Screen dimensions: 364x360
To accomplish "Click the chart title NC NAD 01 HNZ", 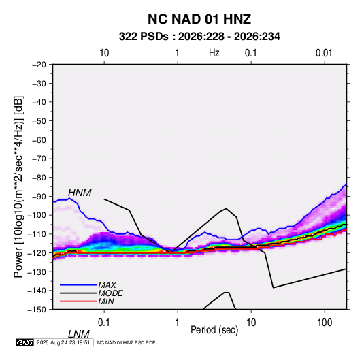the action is click(199, 19).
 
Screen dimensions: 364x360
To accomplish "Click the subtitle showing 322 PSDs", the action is click(199, 37).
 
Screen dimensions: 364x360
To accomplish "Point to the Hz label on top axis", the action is click(214, 53).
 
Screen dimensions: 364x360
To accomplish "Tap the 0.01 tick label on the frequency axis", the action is click(324, 53).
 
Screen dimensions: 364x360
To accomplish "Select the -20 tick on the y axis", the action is click(39, 65).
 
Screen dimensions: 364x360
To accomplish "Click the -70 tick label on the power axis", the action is click(39, 159).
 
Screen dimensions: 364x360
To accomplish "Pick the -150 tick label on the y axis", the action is click(37, 310).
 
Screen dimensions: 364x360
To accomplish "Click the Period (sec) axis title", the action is click(214, 330).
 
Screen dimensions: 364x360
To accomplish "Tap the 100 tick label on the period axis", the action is click(325, 323).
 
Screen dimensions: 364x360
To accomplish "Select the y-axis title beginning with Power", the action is click(18, 186).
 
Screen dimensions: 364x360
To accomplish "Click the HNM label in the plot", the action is click(80, 193).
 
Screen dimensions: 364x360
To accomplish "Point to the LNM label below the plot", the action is click(79, 334).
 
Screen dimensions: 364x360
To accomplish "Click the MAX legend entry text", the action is click(107, 285).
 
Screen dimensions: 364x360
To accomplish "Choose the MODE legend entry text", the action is click(110, 293).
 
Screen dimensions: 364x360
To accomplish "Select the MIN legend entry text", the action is click(106, 301).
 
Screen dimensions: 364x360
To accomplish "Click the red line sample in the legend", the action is click(78, 301).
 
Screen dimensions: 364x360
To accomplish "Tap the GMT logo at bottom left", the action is click(24, 342).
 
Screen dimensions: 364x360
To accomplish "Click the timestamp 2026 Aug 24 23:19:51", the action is click(63, 342).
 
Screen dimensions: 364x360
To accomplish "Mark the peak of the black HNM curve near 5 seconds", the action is click(226, 208).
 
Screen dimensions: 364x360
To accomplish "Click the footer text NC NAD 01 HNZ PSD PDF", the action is click(126, 342).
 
